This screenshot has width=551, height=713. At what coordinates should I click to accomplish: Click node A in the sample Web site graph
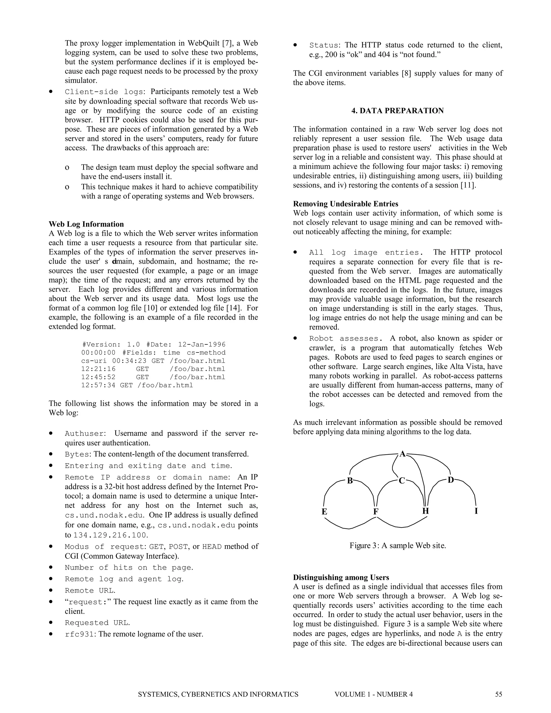[x=402, y=454]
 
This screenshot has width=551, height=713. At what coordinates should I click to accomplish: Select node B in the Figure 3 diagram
[x=350, y=481]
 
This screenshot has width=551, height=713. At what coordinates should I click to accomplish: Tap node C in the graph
[x=402, y=481]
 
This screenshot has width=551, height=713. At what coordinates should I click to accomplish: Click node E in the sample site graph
[x=324, y=511]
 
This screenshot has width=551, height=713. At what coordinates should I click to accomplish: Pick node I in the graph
[x=476, y=511]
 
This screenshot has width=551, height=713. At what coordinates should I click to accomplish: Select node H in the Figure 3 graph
[x=425, y=511]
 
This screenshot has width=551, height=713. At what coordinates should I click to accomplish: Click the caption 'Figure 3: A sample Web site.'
[x=398, y=546]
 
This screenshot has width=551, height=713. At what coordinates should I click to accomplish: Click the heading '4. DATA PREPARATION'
[x=397, y=111]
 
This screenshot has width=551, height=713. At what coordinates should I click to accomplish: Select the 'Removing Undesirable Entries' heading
[x=345, y=204]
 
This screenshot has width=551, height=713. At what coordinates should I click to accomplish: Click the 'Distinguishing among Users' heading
[x=341, y=577]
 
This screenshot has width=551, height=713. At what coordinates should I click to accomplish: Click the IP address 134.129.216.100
[x=110, y=535]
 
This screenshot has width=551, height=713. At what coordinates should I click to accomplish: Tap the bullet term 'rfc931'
[x=79, y=634]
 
